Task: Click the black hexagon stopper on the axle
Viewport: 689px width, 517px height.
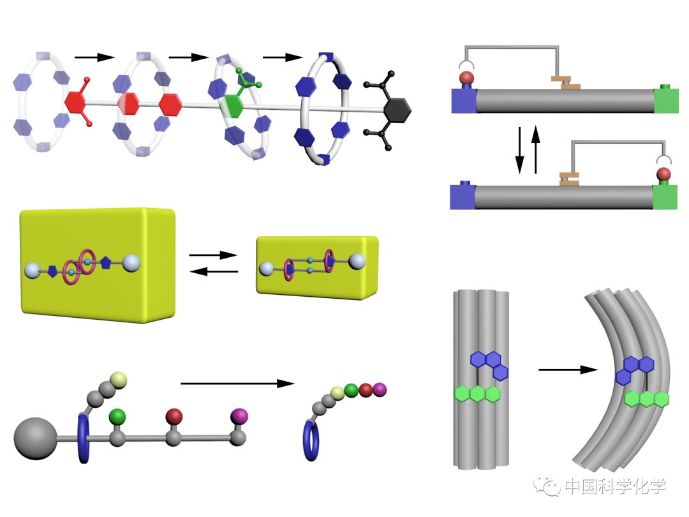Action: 397,110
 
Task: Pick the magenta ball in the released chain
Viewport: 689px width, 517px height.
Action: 380,389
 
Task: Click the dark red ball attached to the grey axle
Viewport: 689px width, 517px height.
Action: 174,416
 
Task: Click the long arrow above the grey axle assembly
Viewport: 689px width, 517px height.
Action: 237,384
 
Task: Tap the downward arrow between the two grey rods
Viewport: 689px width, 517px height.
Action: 520,151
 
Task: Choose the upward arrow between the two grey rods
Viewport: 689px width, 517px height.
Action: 537,151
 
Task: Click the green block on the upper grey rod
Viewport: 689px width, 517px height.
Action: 665,101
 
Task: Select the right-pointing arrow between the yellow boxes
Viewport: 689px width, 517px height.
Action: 214,255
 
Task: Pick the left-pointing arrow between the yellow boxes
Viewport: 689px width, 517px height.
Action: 214,271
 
